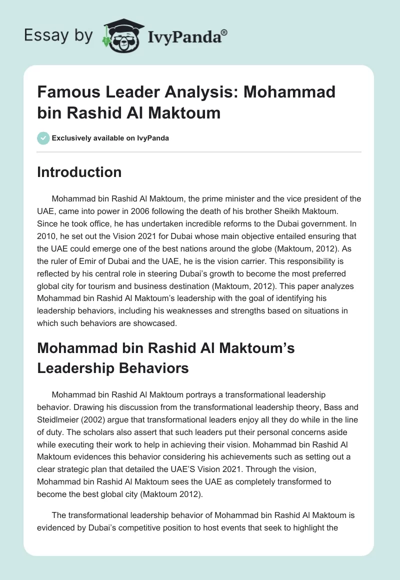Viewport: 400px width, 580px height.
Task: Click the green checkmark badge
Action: coord(43,138)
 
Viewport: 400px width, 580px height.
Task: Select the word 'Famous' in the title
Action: coord(66,92)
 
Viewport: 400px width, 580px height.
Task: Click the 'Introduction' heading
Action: coord(79,172)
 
